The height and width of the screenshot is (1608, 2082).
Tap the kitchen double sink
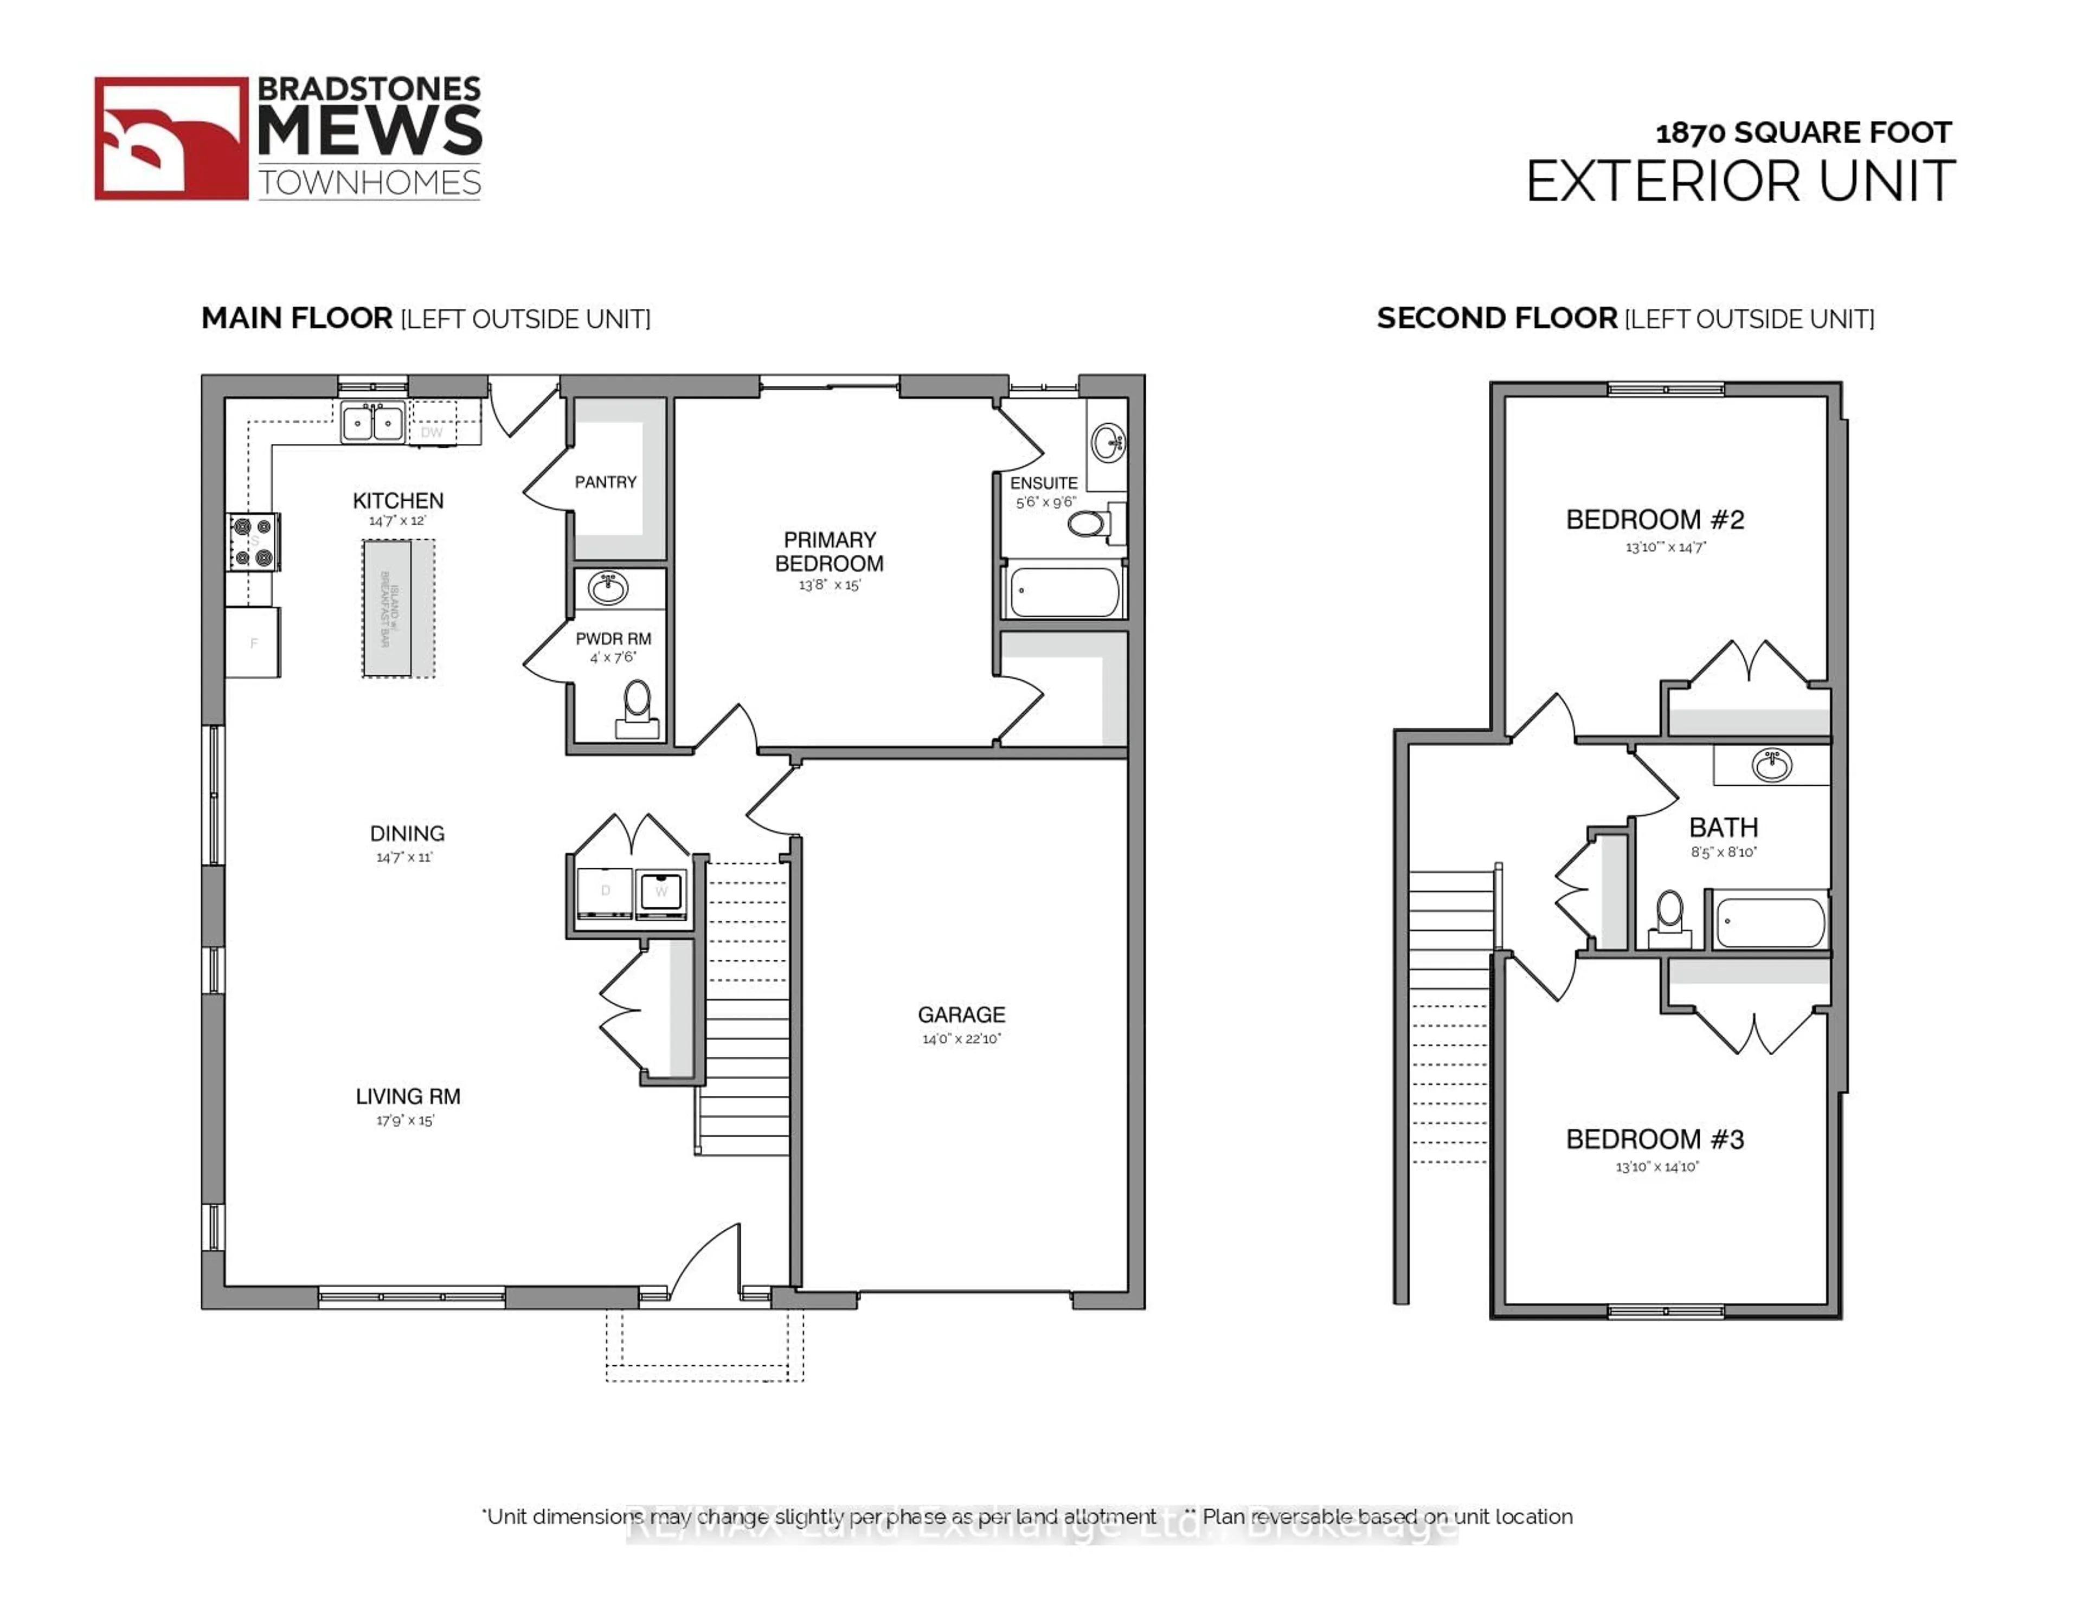[x=372, y=421]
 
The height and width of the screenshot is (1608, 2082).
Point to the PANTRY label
[x=605, y=482]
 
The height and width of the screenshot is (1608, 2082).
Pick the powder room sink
[x=607, y=588]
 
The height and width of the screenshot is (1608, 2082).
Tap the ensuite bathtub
[x=1063, y=591]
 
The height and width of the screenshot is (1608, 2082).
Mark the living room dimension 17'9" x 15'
[x=405, y=1121]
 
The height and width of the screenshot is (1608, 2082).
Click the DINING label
[x=407, y=833]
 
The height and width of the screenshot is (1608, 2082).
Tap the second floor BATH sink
[x=1771, y=765]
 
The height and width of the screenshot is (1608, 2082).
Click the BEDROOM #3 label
[x=1655, y=1139]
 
